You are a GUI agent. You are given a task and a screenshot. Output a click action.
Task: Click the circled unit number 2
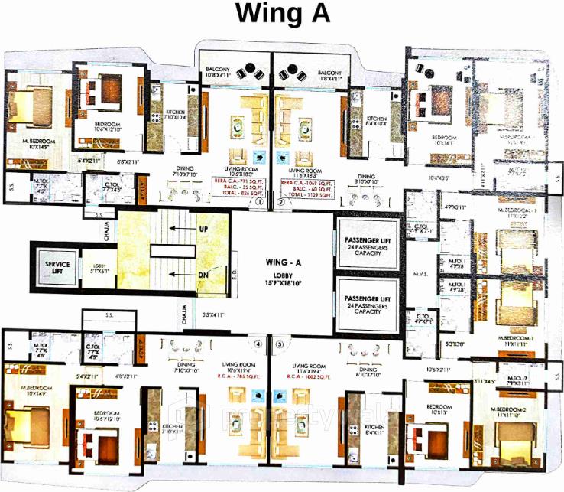pyautogui.click(x=280, y=204)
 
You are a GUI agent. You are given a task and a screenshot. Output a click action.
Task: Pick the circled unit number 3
pyautogui.click(x=279, y=344)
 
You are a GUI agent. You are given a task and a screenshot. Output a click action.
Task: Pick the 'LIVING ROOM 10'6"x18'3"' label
pyautogui.click(x=238, y=173)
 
